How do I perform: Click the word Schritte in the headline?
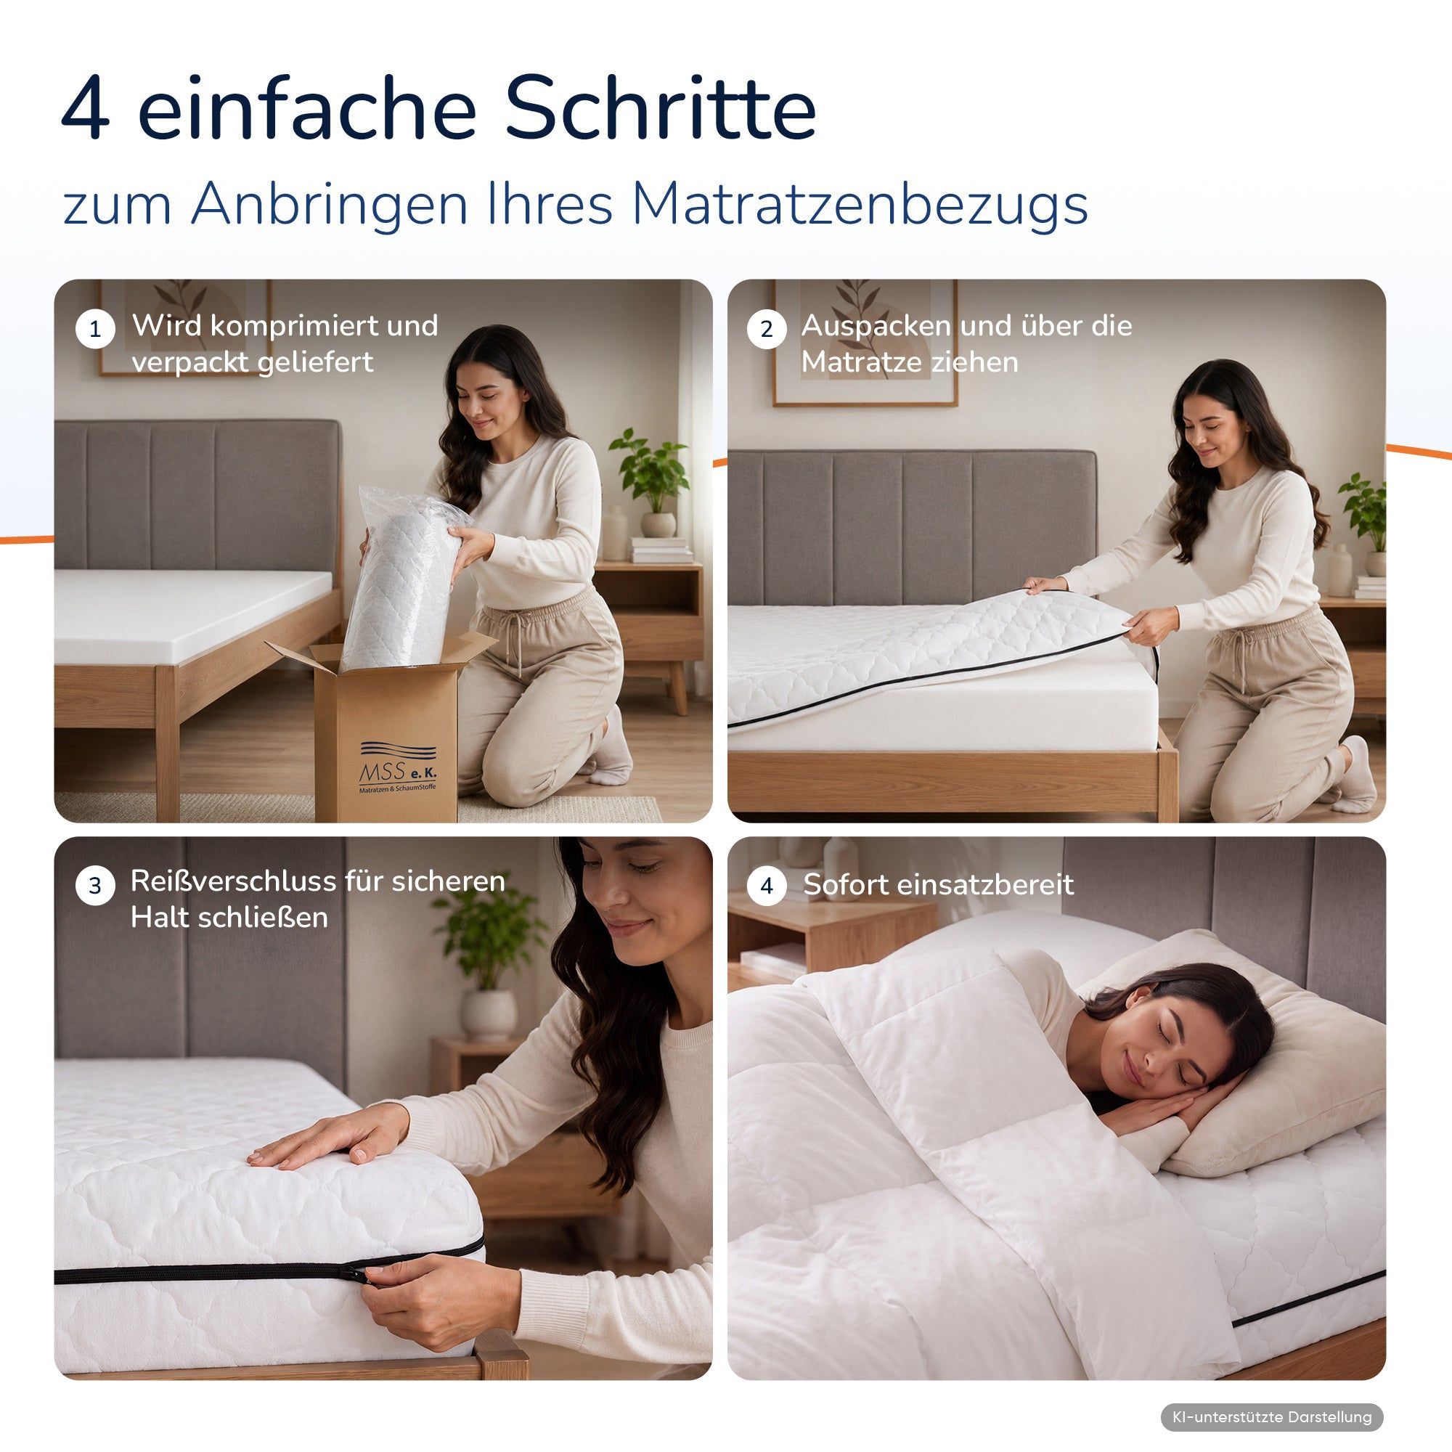click(x=660, y=107)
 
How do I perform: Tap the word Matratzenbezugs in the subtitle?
click(x=860, y=205)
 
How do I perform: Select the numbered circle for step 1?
click(x=94, y=329)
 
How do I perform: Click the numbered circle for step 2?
click(x=767, y=329)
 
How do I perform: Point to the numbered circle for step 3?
click(x=94, y=885)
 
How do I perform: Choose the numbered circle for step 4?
click(x=767, y=885)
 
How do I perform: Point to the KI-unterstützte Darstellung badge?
click(x=1272, y=1416)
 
